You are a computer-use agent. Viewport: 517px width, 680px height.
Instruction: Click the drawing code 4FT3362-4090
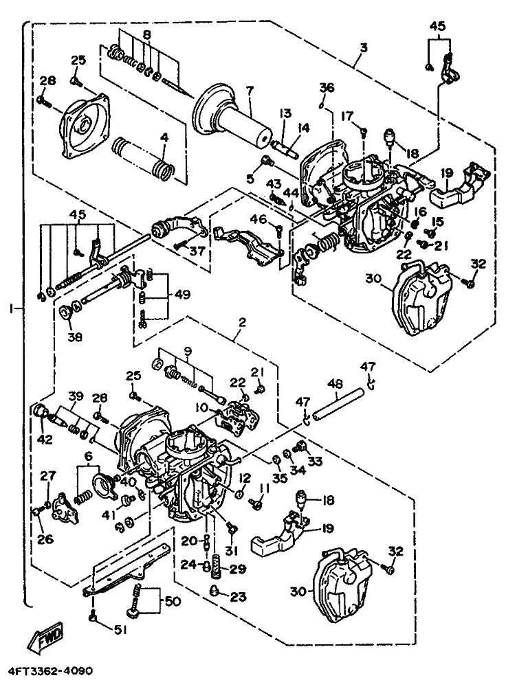point(47,670)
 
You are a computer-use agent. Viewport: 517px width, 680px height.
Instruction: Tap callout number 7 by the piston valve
point(249,91)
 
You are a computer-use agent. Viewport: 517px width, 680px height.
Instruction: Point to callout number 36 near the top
point(327,88)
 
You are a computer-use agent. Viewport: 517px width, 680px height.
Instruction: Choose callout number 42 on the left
point(45,439)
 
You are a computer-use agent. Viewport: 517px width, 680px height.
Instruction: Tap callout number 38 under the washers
point(74,337)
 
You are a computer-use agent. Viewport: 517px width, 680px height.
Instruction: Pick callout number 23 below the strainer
point(239,598)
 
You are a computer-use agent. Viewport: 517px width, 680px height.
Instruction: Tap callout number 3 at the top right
point(363,47)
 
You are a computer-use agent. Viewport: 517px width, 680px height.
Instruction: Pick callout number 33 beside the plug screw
point(315,461)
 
